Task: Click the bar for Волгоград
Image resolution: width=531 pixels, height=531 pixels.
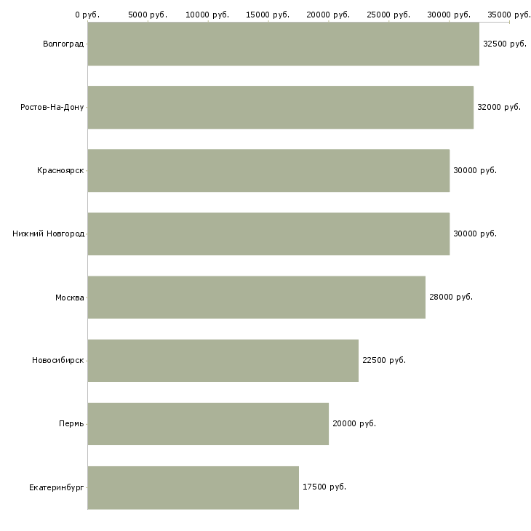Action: click(284, 44)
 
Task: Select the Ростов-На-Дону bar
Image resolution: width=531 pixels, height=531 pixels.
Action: click(281, 107)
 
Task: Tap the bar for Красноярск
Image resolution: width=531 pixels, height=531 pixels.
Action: click(268, 170)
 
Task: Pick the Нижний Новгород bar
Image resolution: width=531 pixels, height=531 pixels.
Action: click(268, 233)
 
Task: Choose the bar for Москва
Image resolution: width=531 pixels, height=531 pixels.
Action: click(257, 297)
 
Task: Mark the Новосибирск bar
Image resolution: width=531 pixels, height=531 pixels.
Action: click(223, 360)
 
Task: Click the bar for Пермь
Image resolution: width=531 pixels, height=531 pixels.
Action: click(208, 423)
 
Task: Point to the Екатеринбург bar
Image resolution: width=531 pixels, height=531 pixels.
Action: click(193, 487)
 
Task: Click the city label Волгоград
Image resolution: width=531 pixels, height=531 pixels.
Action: click(63, 44)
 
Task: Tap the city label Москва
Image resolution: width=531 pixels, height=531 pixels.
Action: click(69, 298)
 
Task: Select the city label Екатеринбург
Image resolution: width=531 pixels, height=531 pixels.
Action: click(56, 487)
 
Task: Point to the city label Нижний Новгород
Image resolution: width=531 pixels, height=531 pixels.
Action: click(49, 233)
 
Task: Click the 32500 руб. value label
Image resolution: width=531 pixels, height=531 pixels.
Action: click(505, 44)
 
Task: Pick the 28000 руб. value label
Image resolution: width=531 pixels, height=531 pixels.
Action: click(451, 297)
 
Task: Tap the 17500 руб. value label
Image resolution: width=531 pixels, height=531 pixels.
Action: click(324, 487)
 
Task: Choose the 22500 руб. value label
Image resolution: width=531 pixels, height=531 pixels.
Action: click(384, 360)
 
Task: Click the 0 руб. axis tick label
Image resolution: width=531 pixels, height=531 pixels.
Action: click(87, 15)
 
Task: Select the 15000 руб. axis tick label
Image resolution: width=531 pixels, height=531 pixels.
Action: click(268, 15)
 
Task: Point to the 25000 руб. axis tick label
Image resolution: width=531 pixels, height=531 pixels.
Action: click(388, 15)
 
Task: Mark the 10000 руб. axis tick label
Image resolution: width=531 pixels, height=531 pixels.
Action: click(207, 15)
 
